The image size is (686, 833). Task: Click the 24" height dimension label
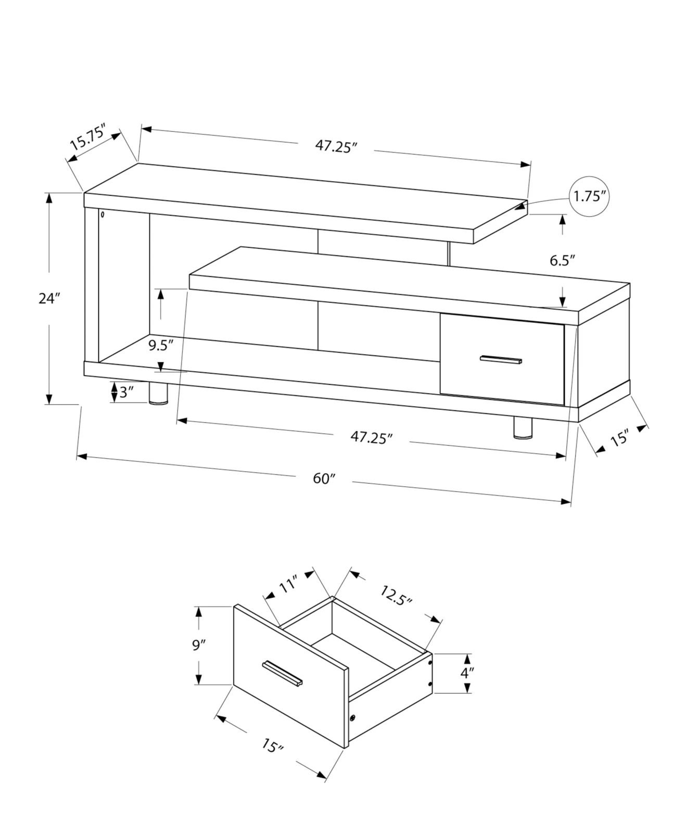(49, 299)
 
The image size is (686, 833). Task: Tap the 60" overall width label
(324, 478)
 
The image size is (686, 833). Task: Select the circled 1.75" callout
(589, 197)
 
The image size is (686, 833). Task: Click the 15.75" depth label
(88, 137)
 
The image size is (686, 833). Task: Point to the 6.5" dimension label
(562, 260)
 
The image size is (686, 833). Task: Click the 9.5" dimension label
(160, 345)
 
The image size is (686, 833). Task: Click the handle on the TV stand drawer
(501, 360)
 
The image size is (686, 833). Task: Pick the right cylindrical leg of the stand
(523, 427)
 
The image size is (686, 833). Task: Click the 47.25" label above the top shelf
(336, 146)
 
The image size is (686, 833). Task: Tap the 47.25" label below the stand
(371, 437)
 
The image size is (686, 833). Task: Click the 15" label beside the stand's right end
(619, 439)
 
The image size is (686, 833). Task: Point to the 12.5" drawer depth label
(396, 595)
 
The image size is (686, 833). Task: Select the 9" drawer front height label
(199, 646)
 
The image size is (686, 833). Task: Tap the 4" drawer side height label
(466, 673)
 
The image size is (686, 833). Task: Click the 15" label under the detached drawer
(272, 746)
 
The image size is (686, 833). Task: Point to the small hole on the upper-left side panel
(103, 214)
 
